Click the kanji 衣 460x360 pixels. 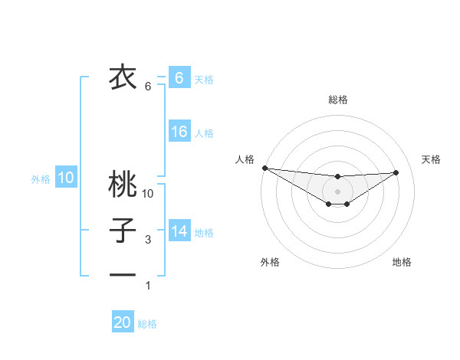point(122,77)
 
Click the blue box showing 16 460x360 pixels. point(179,132)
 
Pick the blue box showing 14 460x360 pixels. point(179,231)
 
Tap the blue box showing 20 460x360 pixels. point(123,322)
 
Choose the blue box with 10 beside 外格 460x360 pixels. point(66,178)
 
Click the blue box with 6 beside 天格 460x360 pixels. point(179,77)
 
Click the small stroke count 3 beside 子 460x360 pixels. point(148,240)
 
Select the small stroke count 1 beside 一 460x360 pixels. point(148,286)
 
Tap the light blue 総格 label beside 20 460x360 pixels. point(147,324)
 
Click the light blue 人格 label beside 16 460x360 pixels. point(204,133)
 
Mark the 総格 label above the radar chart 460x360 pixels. point(337,100)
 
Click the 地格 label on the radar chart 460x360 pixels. point(402,262)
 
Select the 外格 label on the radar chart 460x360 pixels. point(270,262)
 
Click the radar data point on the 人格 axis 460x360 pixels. point(264,167)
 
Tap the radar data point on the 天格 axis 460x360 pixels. point(396,172)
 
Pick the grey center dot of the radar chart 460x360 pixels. point(337,191)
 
